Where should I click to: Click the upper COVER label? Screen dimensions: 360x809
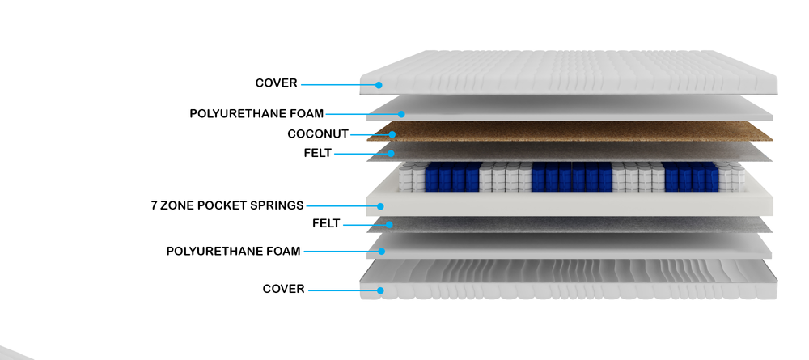[x=276, y=83]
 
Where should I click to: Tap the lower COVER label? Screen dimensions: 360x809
[x=283, y=289]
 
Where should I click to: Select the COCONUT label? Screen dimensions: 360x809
[x=317, y=134]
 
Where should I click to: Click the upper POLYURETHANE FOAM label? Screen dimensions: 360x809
[x=256, y=114]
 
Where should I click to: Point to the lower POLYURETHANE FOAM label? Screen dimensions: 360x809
[x=233, y=252]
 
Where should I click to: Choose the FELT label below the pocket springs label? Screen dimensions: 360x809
[x=326, y=223]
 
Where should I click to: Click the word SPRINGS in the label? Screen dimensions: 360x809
[x=277, y=205]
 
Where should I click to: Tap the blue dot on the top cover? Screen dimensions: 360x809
[x=379, y=84]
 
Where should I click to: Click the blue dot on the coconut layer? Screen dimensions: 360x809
[x=392, y=135]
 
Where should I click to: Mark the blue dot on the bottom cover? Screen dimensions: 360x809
[x=379, y=290]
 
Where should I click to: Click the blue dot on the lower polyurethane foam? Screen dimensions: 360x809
[x=381, y=252]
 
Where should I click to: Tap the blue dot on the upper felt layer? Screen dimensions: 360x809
[x=390, y=153]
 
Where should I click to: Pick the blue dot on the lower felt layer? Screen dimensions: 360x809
[x=390, y=224]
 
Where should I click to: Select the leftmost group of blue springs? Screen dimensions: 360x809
[x=452, y=178]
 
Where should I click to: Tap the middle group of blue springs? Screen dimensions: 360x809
[x=571, y=178]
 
